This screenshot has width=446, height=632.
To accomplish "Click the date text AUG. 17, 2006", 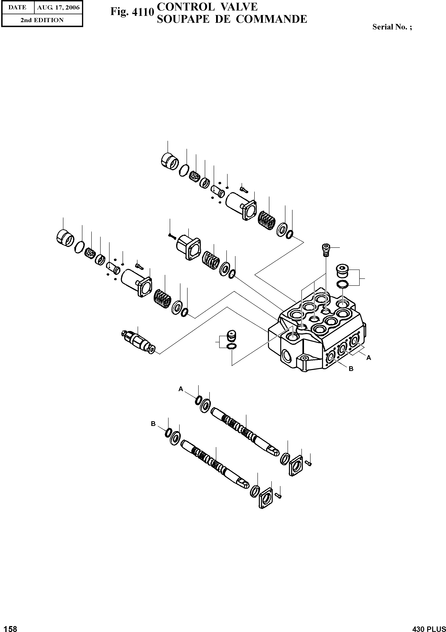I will click(x=58, y=8).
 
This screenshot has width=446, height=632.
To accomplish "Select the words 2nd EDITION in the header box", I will click(x=42, y=20).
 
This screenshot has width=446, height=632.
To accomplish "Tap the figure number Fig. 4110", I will click(x=132, y=12).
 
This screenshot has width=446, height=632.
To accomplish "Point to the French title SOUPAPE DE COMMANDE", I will click(x=232, y=19).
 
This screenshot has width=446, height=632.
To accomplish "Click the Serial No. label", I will click(x=392, y=27).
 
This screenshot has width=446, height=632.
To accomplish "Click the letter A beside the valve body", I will click(x=369, y=358).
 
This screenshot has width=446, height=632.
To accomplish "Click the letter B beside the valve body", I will click(x=351, y=369).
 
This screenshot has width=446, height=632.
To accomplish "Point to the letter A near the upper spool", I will click(x=181, y=389).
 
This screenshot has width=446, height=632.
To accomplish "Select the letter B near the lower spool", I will click(x=153, y=424).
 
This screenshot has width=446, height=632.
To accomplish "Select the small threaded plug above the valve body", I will click(x=326, y=250).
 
